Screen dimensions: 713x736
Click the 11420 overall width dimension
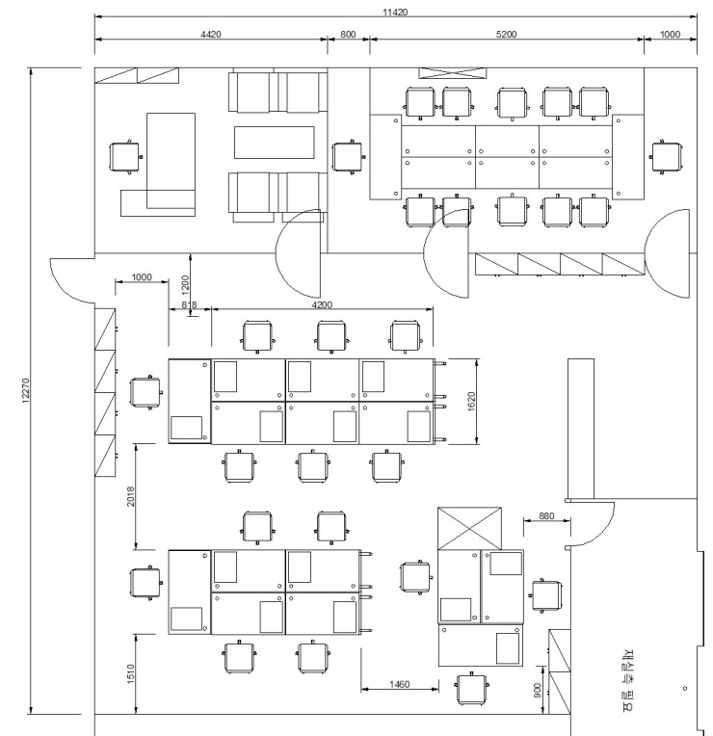point(395,13)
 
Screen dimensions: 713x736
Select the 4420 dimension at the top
point(211,35)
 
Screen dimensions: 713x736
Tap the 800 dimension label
point(348,35)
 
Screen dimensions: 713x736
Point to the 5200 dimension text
point(506,35)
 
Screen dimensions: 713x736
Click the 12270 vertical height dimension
point(26,390)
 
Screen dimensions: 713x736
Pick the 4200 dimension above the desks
point(322,305)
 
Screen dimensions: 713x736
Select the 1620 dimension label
point(472,402)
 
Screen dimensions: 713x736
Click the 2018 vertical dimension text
point(130,497)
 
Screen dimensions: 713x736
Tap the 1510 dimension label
point(130,673)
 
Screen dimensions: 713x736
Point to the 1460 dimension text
point(400,684)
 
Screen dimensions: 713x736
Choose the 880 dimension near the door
point(546,516)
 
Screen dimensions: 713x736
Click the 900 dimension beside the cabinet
point(538,690)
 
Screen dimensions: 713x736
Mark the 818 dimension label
point(189,305)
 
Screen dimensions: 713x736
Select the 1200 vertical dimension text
point(185,285)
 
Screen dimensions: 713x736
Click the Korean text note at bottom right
point(629,681)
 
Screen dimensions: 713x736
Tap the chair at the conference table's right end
point(667,157)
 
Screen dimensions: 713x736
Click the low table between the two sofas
point(275,143)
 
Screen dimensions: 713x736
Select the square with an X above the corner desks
point(469,528)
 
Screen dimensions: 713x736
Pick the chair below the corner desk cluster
point(471,689)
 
